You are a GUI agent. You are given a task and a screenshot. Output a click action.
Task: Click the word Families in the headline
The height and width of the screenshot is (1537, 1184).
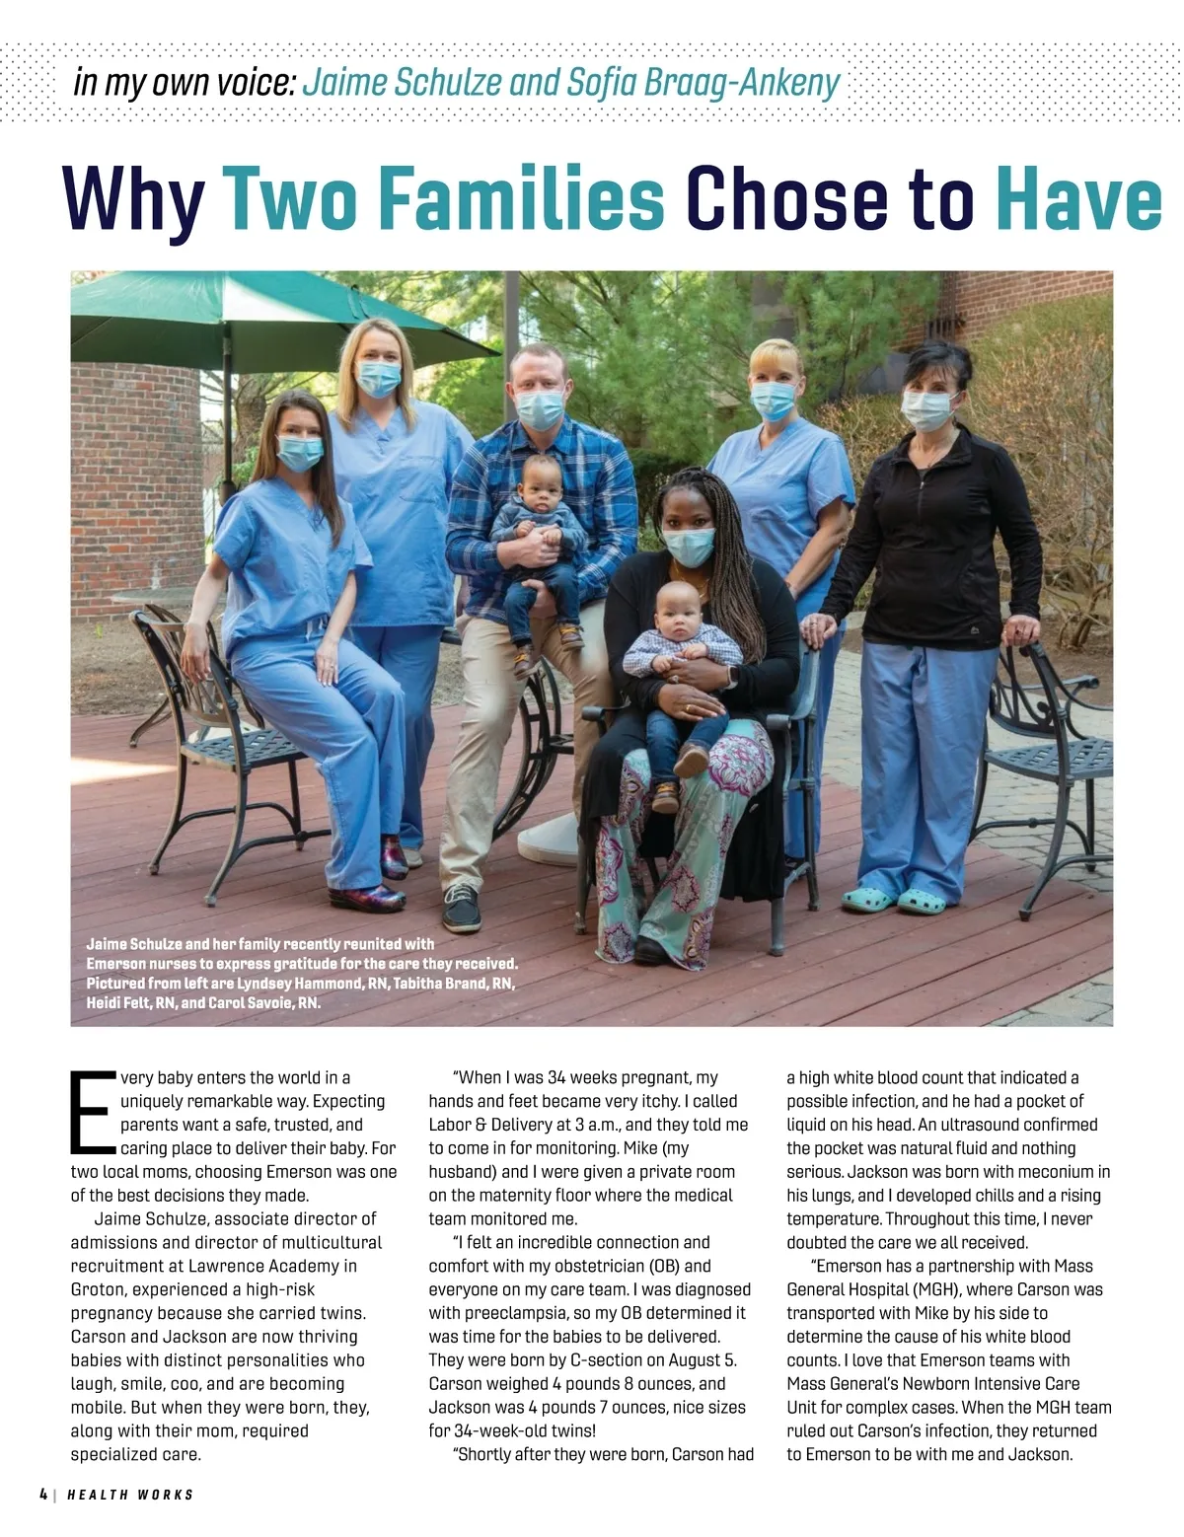pos(521,199)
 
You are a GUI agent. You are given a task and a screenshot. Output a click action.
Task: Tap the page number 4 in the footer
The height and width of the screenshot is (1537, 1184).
pos(43,1495)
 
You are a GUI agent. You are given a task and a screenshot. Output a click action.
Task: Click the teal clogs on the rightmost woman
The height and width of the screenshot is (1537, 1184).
pos(894,900)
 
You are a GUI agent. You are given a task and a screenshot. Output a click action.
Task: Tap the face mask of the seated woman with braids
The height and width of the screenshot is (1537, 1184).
pos(688,547)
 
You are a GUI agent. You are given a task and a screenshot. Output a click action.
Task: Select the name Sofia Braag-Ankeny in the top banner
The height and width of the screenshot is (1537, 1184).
pos(703,83)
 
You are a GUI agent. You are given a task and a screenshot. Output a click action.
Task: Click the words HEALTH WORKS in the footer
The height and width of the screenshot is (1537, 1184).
pos(130,1495)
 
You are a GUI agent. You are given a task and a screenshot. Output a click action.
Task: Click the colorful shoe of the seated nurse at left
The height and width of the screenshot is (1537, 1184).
pos(367,897)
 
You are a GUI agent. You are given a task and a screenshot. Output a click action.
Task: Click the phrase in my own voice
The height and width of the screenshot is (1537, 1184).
pos(185,83)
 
